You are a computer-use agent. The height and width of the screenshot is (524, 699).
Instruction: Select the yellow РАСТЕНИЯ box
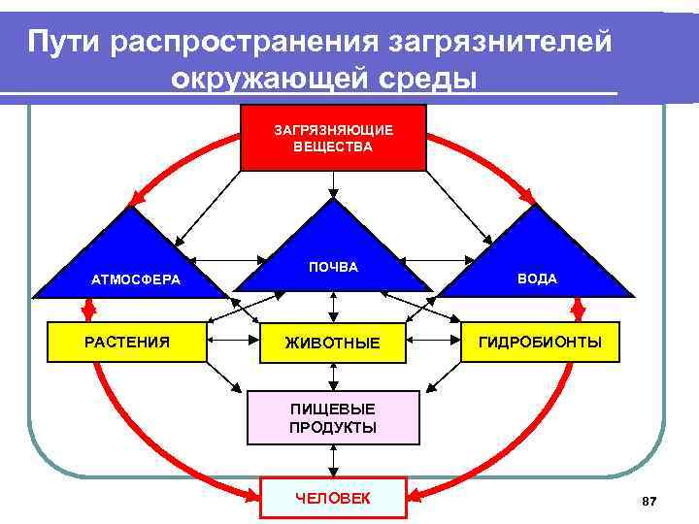point(127,342)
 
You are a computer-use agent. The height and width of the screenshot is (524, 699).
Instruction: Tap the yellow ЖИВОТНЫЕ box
point(333,343)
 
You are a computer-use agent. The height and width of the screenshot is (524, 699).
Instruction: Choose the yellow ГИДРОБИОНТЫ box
point(539,343)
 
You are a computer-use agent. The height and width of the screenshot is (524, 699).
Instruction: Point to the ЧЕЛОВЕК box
point(333,499)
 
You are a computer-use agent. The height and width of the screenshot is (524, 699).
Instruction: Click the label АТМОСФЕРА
point(136,279)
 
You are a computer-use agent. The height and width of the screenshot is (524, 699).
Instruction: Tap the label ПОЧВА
point(333,267)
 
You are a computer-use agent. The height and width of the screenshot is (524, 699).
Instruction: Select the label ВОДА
point(537,278)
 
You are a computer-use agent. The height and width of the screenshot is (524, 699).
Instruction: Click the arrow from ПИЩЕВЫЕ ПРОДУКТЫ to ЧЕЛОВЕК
point(333,461)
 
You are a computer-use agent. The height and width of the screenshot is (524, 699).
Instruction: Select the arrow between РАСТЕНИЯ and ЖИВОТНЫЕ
point(233,342)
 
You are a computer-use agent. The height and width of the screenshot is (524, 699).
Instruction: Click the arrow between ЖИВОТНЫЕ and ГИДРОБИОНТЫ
point(433,342)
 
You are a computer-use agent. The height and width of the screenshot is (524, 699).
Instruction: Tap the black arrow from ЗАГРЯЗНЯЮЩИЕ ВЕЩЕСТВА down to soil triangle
point(333,184)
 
